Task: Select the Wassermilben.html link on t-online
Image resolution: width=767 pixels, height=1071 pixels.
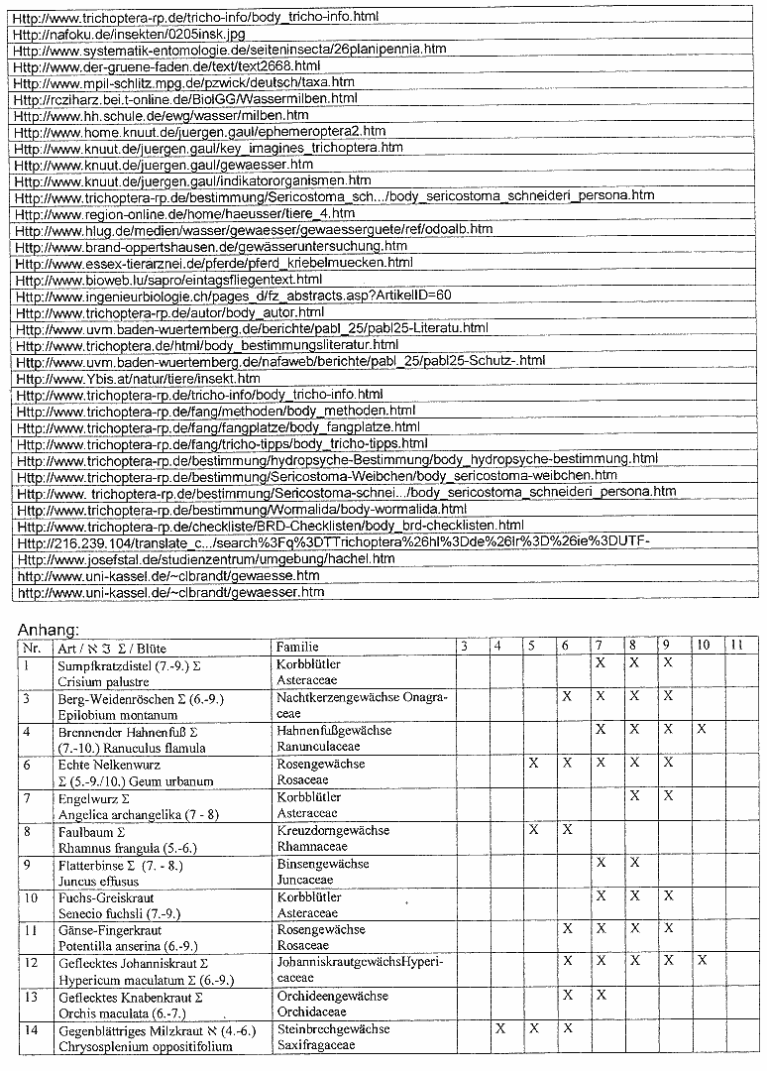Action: (x=187, y=98)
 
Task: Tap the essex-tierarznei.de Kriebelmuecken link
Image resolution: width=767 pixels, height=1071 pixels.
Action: (x=215, y=263)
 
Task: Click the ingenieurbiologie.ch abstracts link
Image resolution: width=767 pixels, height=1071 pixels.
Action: (x=235, y=296)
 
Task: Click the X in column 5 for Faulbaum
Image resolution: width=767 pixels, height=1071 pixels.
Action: (x=533, y=829)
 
